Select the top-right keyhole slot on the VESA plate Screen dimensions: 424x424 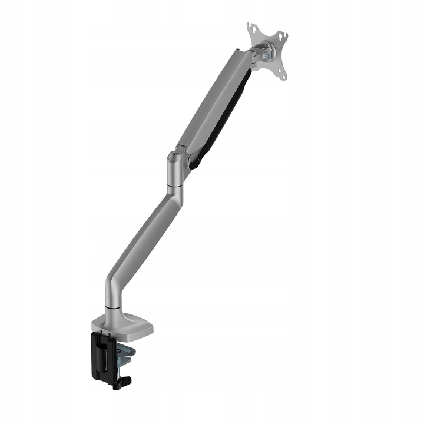click(x=284, y=37)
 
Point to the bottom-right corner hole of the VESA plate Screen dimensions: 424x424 click(x=283, y=75)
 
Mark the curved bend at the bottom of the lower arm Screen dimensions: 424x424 click(x=114, y=283)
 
